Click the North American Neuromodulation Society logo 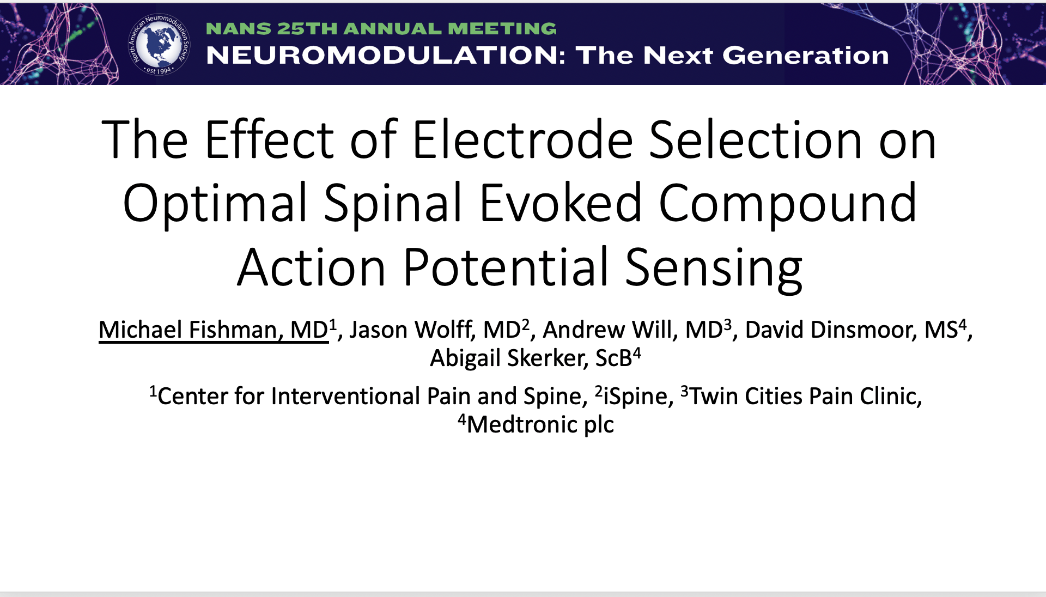coord(159,44)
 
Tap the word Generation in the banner coord(805,56)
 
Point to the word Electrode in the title coord(523,140)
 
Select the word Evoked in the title coord(561,203)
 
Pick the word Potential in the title coord(506,267)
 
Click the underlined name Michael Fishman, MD coord(214,330)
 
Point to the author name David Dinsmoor coord(828,330)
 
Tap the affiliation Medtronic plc coord(540,425)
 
